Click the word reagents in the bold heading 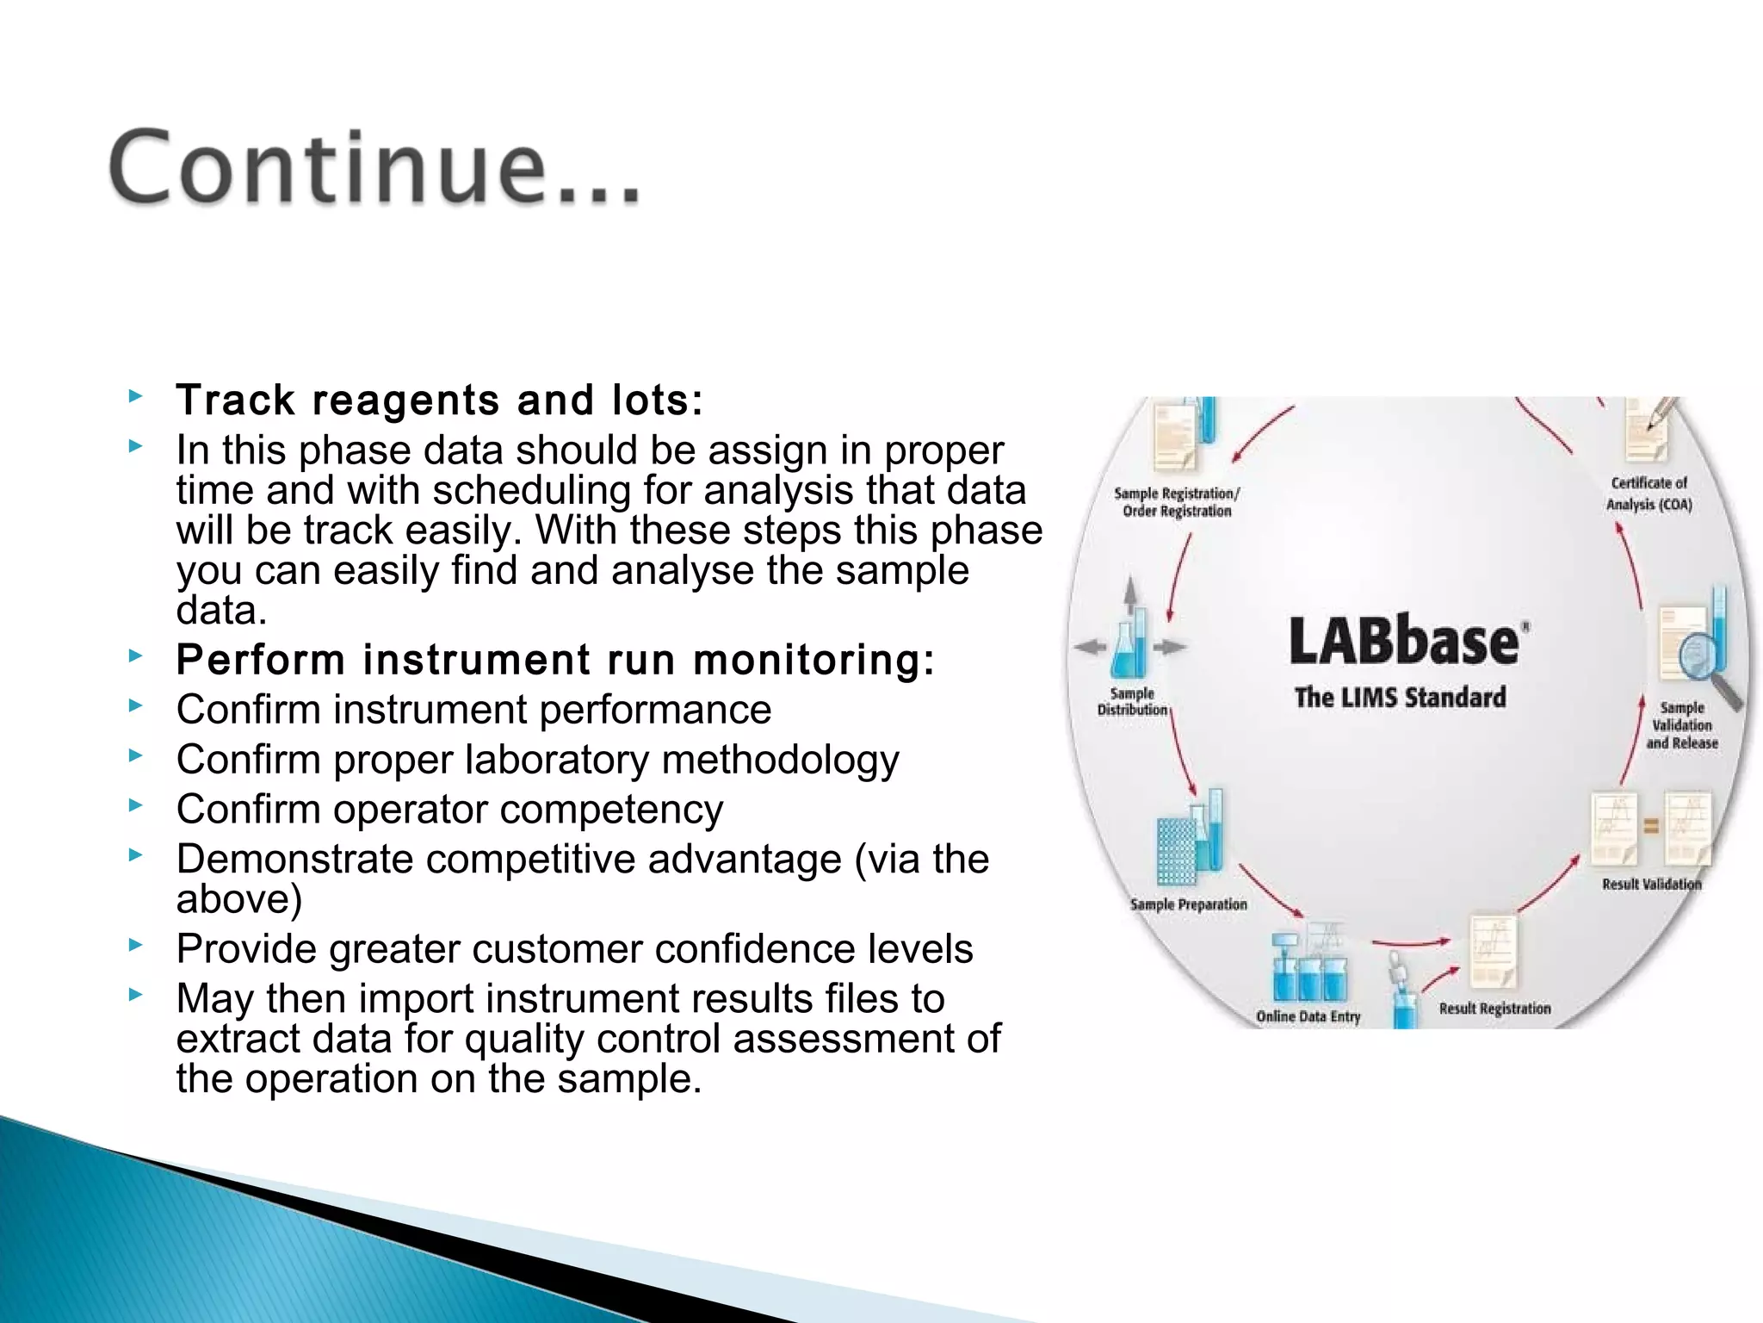coord(405,401)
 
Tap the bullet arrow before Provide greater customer coord(134,945)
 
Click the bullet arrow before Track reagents coord(134,396)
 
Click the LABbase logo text coord(1405,642)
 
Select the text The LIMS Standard coord(1401,697)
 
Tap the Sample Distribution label coord(1132,701)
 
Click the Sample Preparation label coord(1188,904)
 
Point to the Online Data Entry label coord(1308,1016)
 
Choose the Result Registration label coord(1494,1009)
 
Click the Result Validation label coord(1651,884)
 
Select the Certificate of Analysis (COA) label coord(1649,494)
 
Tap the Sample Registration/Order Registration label coord(1177,502)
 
